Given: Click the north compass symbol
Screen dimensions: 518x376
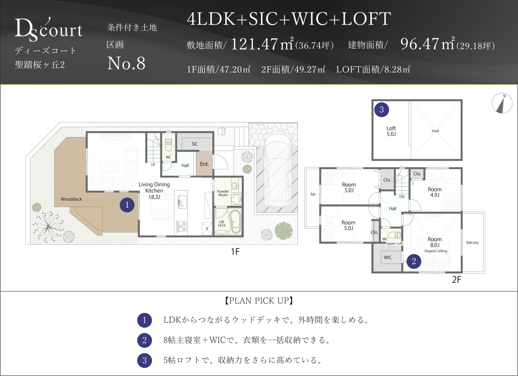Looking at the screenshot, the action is pos(502,103).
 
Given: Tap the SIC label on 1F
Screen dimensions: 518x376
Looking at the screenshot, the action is pos(195,144).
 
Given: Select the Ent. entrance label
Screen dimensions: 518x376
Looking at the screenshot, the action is pos(205,164).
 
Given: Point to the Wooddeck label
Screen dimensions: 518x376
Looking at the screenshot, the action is pos(71,199).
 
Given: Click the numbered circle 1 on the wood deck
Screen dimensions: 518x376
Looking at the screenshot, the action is pos(127,205).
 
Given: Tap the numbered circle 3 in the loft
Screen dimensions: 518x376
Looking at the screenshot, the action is pos(381,110).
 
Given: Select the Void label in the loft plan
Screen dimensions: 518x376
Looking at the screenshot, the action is pos(435,131).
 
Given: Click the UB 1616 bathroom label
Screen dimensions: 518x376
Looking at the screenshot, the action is pos(221,224).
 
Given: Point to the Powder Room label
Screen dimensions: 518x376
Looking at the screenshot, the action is pos(223,193).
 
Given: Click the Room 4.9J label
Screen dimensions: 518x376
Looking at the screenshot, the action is pos(435,192).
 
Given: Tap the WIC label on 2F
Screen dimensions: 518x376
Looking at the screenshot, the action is pos(388,258).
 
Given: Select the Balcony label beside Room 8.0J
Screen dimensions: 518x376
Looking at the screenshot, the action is pos(472,242).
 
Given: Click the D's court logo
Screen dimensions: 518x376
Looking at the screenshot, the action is pos(49,29).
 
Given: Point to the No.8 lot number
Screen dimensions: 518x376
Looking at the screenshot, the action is pos(126,63).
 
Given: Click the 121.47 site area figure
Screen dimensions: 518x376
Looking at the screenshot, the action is pos(254,44).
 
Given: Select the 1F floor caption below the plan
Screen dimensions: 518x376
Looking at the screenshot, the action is pos(235,252).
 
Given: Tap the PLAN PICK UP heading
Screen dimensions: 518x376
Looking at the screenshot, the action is pos(259,301).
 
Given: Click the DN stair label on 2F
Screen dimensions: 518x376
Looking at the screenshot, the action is pos(402,197).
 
